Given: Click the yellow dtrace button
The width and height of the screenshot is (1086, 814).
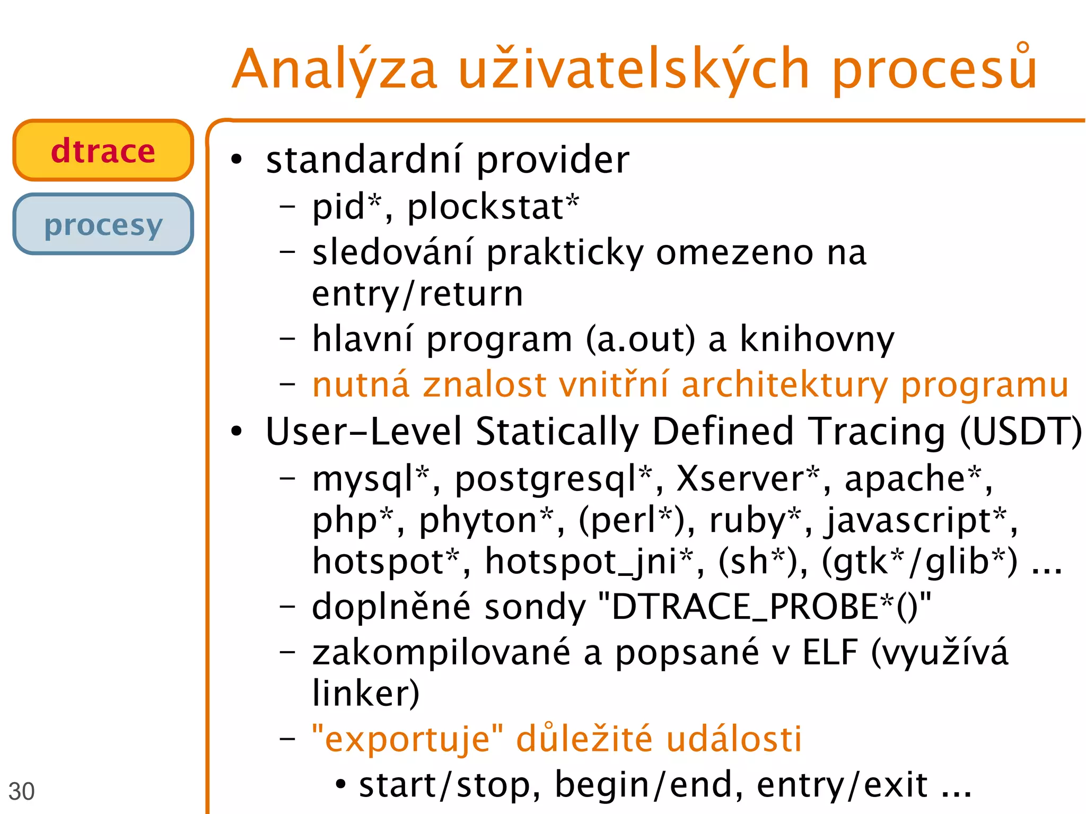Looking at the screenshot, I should pos(103,151).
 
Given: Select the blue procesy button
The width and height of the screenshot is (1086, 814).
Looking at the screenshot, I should pos(103,224).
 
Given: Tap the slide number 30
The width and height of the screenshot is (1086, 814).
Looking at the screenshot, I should pos(21,791).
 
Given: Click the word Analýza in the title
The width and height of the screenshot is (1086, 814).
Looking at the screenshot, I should pos(335,69).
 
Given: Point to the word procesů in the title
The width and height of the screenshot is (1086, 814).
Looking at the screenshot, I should pos(934,69).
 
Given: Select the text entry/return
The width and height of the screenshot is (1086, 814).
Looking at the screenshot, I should pos(418,294).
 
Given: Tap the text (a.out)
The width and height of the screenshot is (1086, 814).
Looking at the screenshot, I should pos(640,339).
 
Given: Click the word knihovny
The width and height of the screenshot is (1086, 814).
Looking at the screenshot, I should pos(817,339).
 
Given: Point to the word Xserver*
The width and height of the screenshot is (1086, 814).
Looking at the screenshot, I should pos(748,479).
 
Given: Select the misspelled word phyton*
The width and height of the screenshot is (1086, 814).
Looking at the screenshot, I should pos(486,520).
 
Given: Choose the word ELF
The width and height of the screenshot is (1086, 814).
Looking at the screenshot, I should pos(830,652).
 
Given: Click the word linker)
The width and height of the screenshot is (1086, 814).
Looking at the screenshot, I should pos(366,694).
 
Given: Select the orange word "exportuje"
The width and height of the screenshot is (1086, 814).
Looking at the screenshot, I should pos(407,739).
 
